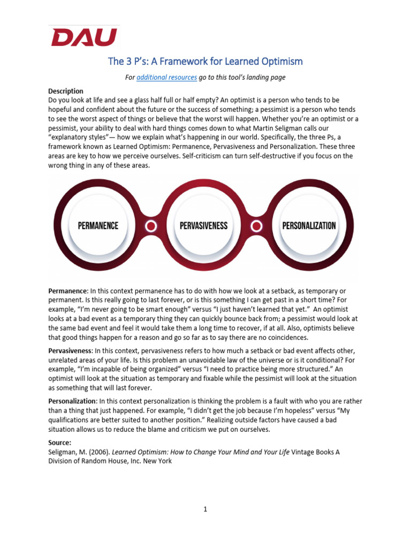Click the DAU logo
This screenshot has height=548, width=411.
coord(83,37)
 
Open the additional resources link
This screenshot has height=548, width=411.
coord(166,78)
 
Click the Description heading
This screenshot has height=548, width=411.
coord(66,91)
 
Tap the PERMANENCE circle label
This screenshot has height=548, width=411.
coord(98,225)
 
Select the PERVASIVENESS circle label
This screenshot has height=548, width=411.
coord(203,225)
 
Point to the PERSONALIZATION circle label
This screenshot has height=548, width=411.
coord(309,225)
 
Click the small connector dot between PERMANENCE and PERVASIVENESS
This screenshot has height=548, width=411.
coord(151,226)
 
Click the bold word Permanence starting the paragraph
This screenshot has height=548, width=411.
coord(67,290)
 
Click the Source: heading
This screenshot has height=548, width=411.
coord(59,443)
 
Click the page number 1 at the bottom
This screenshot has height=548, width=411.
coord(205,509)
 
